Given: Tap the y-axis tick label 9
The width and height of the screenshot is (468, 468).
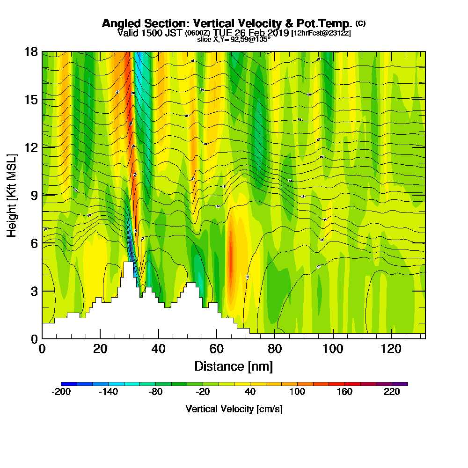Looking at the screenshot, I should [x=34, y=195].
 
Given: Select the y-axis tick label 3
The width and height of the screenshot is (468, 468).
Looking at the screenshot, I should [x=34, y=291].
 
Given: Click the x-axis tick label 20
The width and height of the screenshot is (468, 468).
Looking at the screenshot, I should [x=100, y=349].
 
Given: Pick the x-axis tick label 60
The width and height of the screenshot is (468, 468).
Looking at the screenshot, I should [x=217, y=349].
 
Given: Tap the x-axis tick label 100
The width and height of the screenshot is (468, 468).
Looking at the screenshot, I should [x=333, y=349].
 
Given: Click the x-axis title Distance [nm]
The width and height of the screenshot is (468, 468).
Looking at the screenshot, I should [x=234, y=366].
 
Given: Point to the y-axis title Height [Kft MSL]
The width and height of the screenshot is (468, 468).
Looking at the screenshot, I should [x=12, y=195].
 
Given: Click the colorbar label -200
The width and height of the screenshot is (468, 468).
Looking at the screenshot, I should [x=61, y=392].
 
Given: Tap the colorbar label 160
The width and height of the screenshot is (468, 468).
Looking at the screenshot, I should [x=344, y=392].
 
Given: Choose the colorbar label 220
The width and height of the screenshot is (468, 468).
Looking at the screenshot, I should [x=392, y=392].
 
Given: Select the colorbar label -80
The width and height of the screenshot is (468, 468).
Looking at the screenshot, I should [x=155, y=392].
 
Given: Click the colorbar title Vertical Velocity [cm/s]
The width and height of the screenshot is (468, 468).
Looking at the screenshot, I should [x=234, y=409].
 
